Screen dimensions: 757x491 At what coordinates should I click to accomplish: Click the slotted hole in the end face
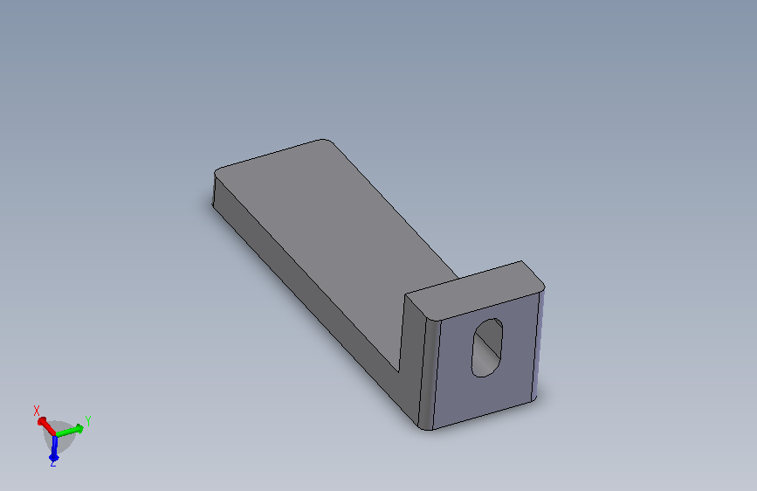[486, 348]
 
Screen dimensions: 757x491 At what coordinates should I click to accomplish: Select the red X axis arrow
[46, 425]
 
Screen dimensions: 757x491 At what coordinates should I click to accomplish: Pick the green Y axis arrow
[70, 430]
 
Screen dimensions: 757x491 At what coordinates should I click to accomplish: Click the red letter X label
[36, 411]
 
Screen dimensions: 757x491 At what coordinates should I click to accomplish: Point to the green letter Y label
[88, 421]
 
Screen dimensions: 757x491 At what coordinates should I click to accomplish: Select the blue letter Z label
[53, 463]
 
